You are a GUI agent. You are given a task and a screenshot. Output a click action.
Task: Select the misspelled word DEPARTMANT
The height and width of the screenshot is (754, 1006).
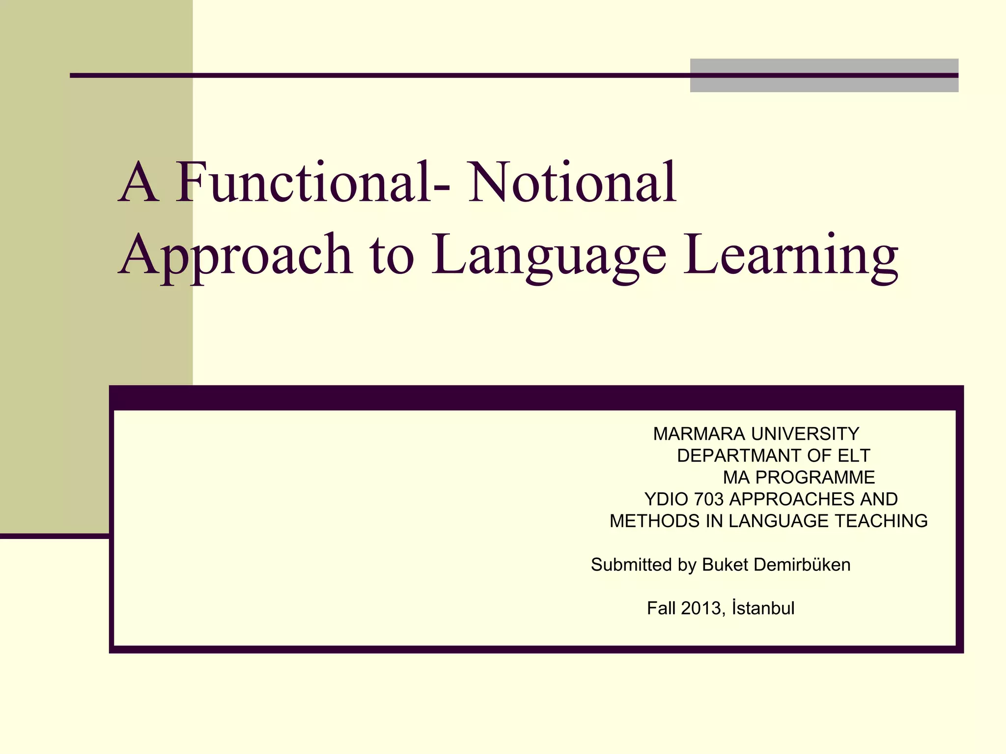click(739, 456)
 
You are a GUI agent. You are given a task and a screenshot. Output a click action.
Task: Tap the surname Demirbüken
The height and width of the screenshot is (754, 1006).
click(802, 565)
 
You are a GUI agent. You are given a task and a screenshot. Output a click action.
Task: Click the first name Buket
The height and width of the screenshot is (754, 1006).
click(725, 565)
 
